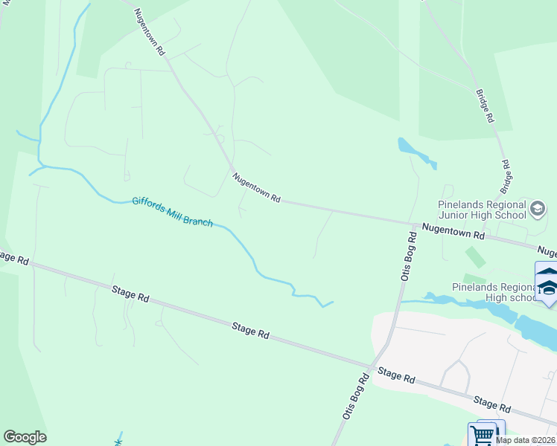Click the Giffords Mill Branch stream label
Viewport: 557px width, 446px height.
[173, 212]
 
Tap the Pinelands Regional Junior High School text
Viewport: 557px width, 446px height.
[482, 210]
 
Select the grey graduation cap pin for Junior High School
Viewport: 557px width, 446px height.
[538, 210]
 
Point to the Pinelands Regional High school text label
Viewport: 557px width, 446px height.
[494, 292]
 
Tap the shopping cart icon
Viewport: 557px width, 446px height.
[482, 433]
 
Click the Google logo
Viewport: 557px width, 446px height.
[25, 437]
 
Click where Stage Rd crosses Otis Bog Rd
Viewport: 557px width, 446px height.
[370, 367]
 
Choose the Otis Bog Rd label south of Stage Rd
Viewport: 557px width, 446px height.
[355, 397]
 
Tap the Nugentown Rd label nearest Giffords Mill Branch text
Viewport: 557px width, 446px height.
[255, 188]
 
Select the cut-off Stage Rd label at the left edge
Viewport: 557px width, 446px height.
[13, 258]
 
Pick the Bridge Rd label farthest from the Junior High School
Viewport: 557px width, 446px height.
[485, 106]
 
